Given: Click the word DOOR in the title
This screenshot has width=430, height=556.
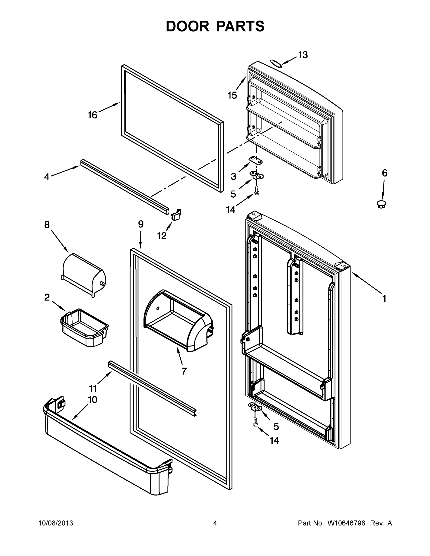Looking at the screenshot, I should pyautogui.click(x=188, y=26).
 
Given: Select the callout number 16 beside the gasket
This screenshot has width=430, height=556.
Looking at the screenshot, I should pyautogui.click(x=92, y=115).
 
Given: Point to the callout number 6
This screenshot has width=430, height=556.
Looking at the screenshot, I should pyautogui.click(x=384, y=173).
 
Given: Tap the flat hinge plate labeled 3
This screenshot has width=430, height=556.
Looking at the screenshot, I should pyautogui.click(x=255, y=161).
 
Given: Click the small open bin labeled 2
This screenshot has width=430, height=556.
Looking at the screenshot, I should pyautogui.click(x=84, y=327).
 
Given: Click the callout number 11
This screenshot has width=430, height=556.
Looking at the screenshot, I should pyautogui.click(x=93, y=389).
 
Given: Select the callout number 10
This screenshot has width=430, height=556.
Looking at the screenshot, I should pyautogui.click(x=92, y=400).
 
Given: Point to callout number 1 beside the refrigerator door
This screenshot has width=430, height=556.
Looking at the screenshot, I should pyautogui.click(x=384, y=298).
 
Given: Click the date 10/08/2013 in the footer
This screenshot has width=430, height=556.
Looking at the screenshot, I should pyautogui.click(x=56, y=523).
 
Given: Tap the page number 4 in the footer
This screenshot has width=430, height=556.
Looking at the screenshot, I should pyautogui.click(x=215, y=523).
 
